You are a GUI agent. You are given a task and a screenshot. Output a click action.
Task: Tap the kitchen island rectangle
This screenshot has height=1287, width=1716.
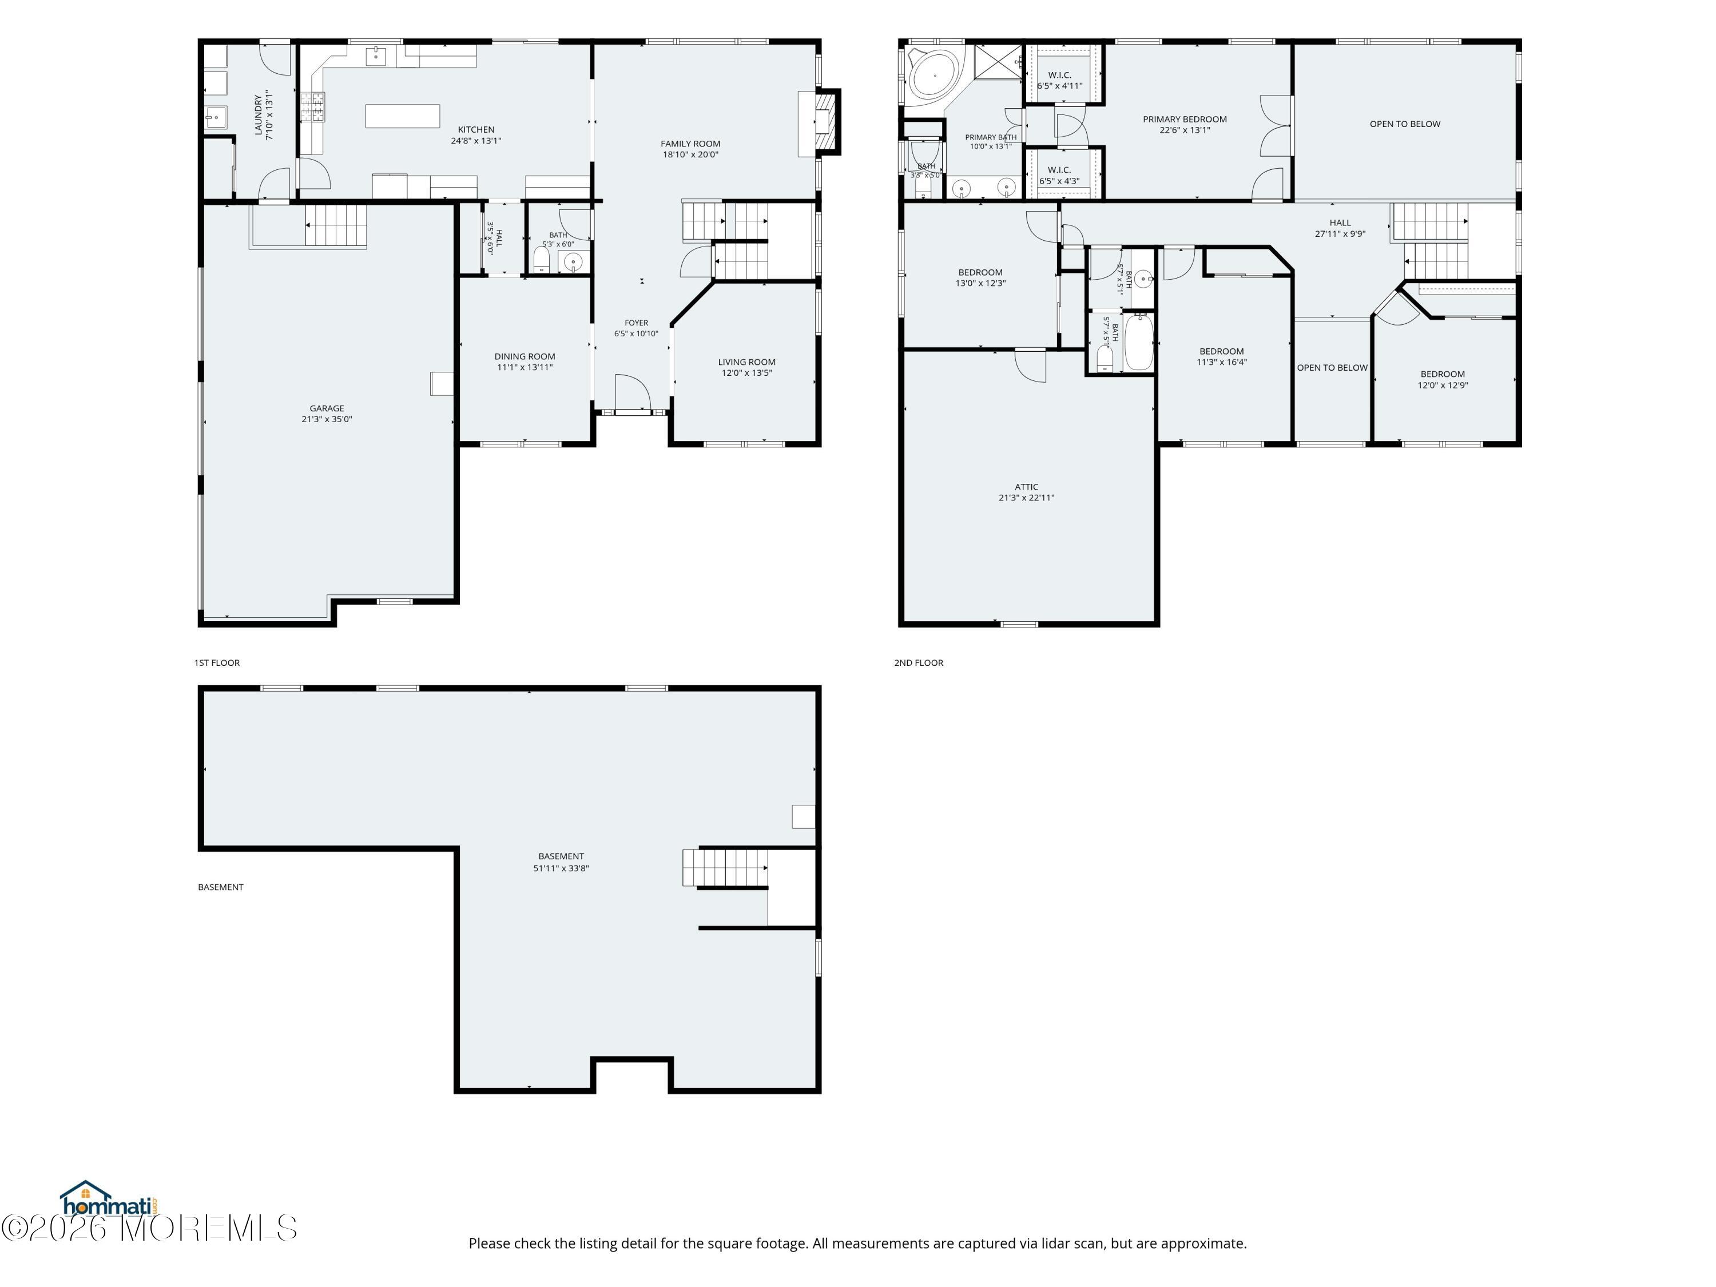403,116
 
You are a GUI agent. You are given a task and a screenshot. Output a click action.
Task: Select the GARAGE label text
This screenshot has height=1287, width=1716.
327,408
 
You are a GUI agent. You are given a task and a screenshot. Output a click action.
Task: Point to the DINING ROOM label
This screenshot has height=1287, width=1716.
525,356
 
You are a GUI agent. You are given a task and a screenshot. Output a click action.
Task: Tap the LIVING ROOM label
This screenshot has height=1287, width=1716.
746,362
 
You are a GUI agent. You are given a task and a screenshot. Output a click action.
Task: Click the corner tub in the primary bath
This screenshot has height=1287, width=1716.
935,76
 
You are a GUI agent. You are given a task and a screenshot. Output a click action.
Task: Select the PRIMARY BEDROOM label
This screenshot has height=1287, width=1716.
1185,119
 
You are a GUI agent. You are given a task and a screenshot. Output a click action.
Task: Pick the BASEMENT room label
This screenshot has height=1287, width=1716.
561,856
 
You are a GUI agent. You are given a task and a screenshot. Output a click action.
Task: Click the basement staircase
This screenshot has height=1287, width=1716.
725,867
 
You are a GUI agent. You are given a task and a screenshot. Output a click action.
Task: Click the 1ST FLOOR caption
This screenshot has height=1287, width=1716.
217,662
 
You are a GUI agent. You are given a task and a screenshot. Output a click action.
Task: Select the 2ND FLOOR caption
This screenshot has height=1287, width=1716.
919,662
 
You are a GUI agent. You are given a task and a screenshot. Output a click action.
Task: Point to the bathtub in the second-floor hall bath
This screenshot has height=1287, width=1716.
1139,341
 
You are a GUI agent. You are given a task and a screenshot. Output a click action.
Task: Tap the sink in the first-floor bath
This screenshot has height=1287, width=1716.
573,261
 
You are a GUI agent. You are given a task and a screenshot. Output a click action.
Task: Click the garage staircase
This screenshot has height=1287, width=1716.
335,225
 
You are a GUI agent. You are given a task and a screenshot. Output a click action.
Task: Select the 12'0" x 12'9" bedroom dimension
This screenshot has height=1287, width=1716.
1443,385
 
